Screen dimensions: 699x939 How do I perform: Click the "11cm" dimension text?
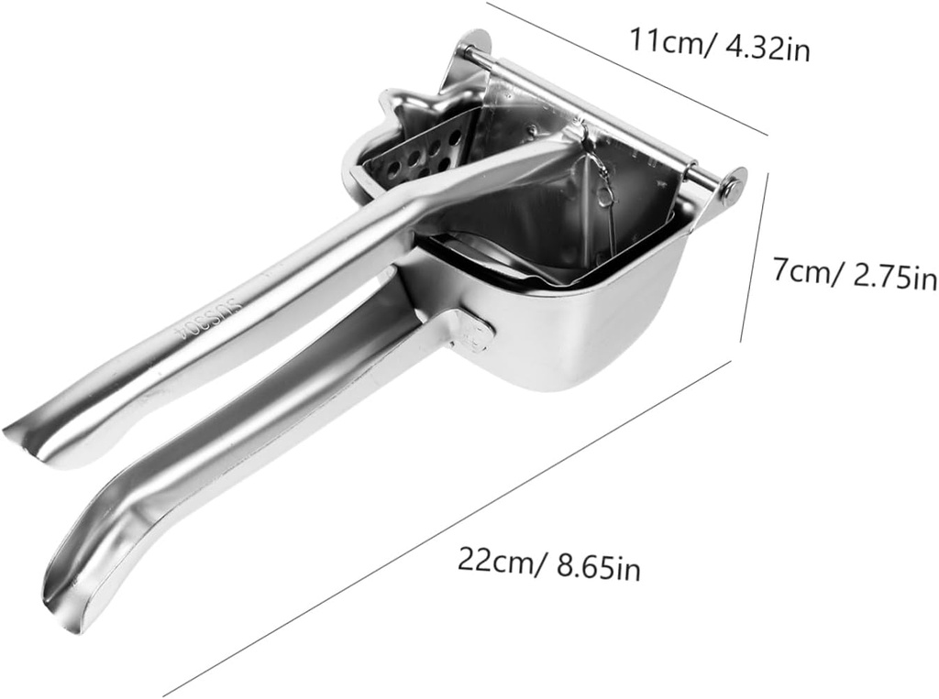click(662, 42)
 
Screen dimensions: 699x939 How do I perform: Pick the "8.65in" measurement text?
click(598, 567)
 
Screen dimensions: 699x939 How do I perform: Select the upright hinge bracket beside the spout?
click(464, 73)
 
